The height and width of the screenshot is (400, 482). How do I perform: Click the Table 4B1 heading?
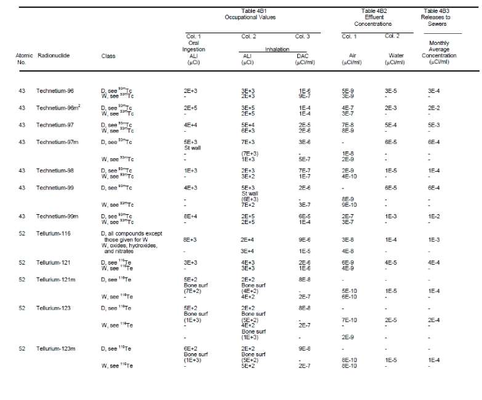258,10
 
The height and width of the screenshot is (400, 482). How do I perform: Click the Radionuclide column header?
53,55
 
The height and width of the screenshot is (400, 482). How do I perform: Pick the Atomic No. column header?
24,58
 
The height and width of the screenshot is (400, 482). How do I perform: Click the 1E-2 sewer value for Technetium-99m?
434,216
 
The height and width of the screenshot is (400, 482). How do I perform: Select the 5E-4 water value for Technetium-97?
391,125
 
